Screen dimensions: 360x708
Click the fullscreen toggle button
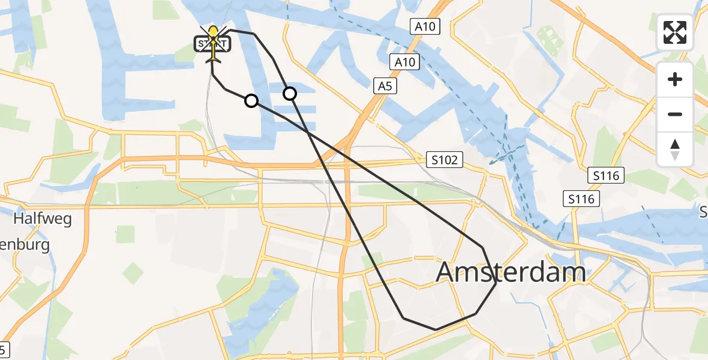click(x=675, y=32)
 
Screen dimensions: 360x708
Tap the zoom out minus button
click(x=675, y=114)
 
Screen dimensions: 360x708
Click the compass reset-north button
click(x=675, y=149)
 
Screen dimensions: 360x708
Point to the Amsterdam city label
click(x=511, y=272)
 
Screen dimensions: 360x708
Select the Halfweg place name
click(x=43, y=218)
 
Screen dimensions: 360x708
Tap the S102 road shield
click(x=445, y=160)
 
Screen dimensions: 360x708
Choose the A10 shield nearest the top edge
click(x=425, y=26)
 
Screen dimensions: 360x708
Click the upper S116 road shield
click(x=606, y=176)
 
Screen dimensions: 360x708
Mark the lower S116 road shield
click(x=582, y=199)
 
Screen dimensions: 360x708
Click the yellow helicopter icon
click(x=213, y=44)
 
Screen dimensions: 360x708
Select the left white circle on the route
click(x=251, y=101)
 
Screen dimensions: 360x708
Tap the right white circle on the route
click(x=290, y=93)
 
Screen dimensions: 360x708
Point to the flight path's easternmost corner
click(x=496, y=284)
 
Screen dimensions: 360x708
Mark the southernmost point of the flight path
click(x=436, y=329)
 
